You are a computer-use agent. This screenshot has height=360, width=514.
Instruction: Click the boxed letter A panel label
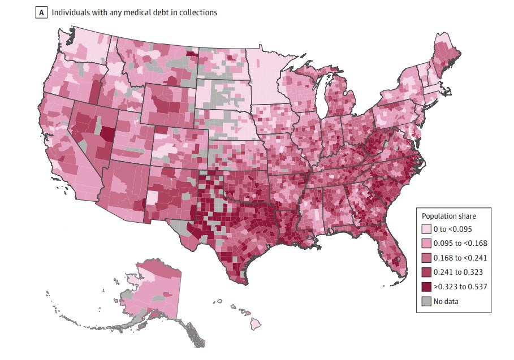41,12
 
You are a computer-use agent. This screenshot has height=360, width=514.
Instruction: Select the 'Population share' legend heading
448,216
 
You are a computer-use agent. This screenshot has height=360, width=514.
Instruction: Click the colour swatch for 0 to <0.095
426,229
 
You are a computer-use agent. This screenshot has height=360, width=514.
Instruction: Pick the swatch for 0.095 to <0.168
426,244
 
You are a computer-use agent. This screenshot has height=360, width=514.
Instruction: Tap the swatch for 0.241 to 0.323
426,272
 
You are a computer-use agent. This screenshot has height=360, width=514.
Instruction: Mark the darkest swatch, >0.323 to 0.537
426,287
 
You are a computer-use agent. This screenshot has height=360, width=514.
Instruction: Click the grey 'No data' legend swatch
426,301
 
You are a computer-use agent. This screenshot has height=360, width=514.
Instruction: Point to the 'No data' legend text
446,301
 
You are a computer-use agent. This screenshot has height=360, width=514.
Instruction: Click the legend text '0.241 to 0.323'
456,272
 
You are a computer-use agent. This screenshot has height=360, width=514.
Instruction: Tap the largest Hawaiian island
256,325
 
